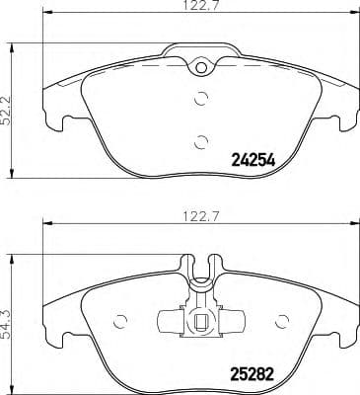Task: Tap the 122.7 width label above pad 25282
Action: pyautogui.click(x=199, y=213)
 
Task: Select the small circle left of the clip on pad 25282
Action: pyautogui.click(x=121, y=321)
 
